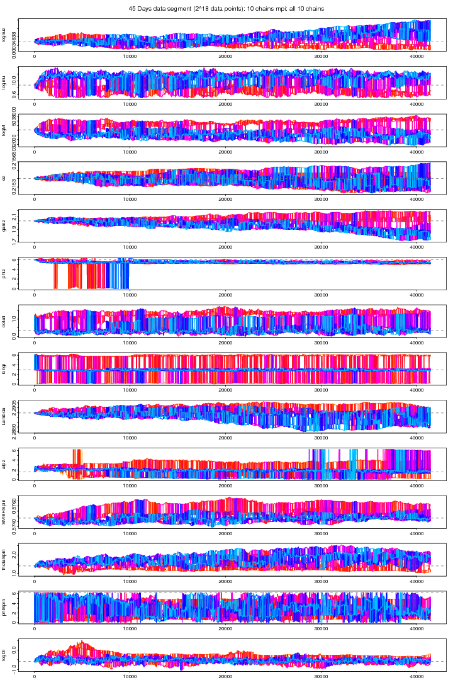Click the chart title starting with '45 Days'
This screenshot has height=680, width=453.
coord(226,8)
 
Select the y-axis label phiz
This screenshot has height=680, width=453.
coord(4,273)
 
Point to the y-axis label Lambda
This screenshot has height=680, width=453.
coord(4,416)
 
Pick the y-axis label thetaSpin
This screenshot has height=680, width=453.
coord(4,559)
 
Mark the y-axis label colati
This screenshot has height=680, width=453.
coord(4,321)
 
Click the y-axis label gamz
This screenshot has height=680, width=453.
coord(4,225)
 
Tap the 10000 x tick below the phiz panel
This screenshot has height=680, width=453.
coord(130,295)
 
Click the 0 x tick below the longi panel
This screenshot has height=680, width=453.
coord(35,390)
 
